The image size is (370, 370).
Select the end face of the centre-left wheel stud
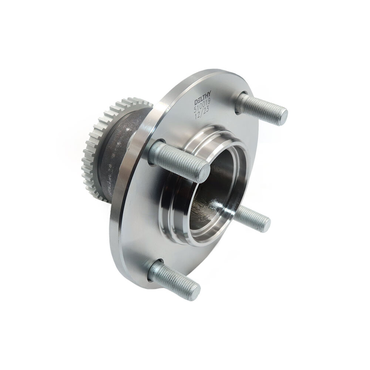pos(203,173)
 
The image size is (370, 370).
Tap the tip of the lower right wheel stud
pos(265,224)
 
